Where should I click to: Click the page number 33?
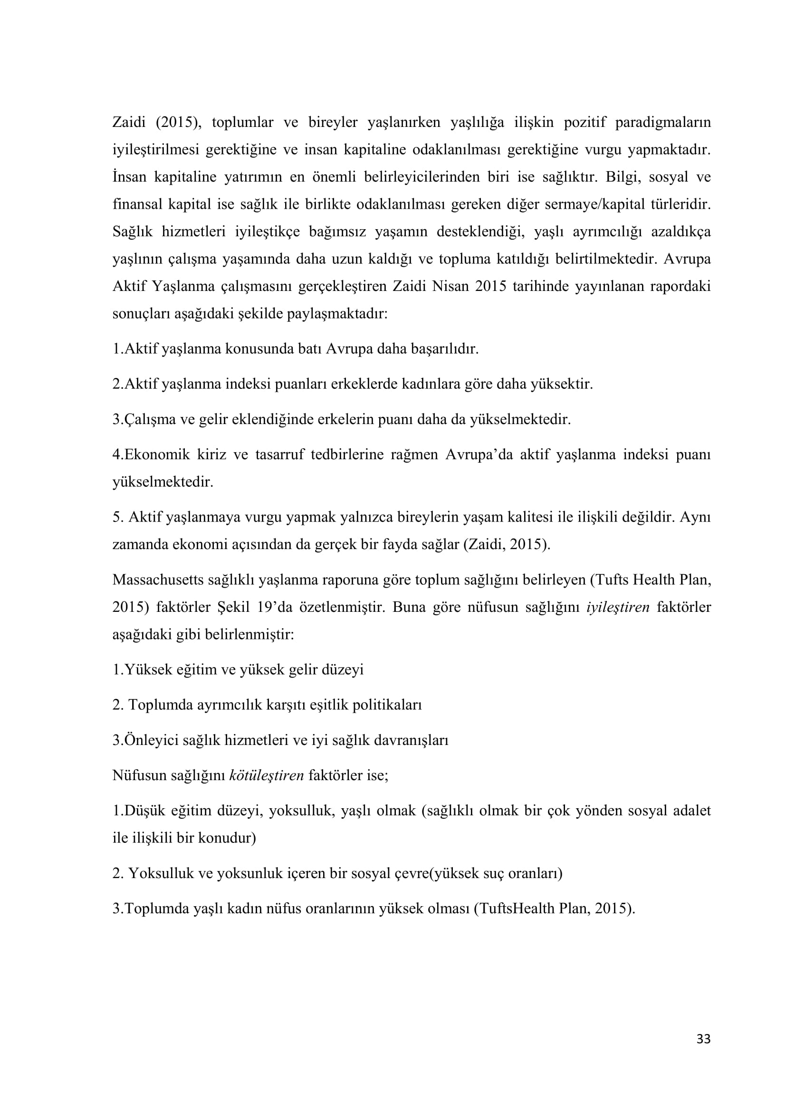[x=703, y=1053]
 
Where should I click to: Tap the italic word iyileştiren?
[x=618, y=607]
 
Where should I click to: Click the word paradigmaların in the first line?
[x=662, y=123]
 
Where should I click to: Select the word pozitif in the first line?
[x=584, y=123]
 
